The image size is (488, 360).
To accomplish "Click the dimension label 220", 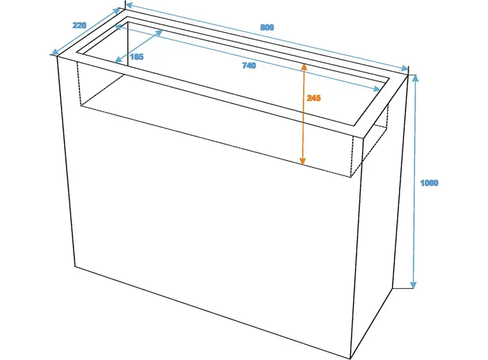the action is (x=79, y=25).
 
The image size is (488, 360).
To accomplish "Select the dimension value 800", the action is (x=267, y=28).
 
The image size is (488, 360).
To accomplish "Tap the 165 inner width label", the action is (x=136, y=56).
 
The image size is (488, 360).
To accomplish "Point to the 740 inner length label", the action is (x=249, y=65).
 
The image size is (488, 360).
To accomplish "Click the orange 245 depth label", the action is (x=313, y=98).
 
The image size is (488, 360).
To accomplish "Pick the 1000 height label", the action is (x=429, y=183).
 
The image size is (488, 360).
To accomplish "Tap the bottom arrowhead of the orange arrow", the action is (x=302, y=161).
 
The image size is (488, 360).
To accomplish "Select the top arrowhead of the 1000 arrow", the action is (x=415, y=78).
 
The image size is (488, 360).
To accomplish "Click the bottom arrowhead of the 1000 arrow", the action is (x=413, y=285).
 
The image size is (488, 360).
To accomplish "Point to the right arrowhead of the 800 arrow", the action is (x=404, y=68).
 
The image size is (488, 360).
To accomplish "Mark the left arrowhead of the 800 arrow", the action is (x=129, y=5).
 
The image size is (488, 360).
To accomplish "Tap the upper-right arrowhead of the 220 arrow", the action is (x=117, y=11).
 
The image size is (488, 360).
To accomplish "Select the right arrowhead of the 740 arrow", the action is (x=377, y=89).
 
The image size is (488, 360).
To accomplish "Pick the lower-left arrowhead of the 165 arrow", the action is (x=118, y=60).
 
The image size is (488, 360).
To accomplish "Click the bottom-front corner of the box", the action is (x=351, y=359).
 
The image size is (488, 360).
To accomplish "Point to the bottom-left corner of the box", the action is (x=75, y=266).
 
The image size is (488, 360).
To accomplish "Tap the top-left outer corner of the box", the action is (x=57, y=56).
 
